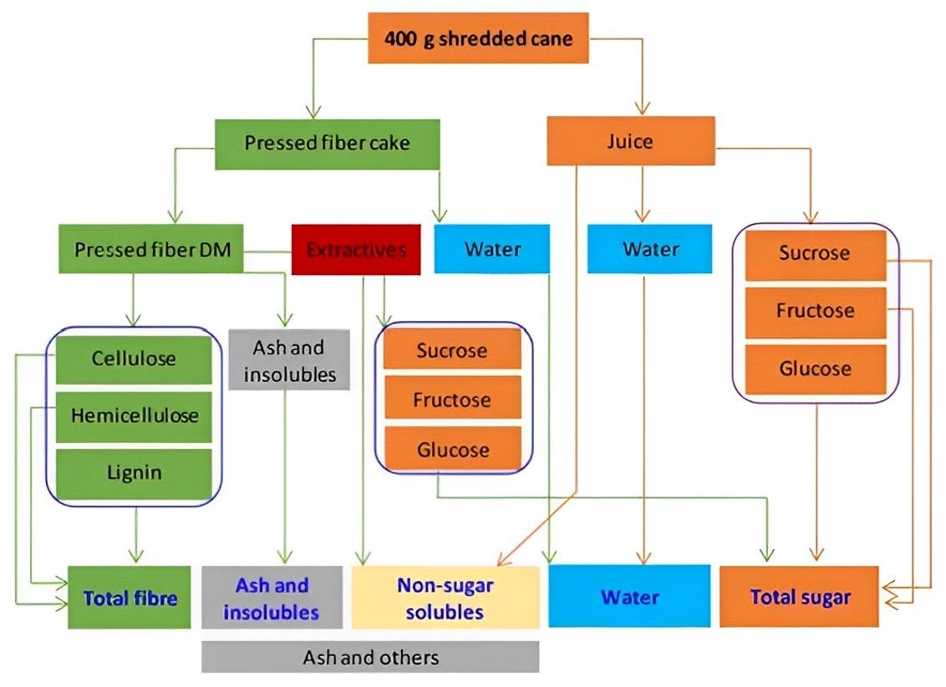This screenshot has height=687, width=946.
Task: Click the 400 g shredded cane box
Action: tap(478, 38)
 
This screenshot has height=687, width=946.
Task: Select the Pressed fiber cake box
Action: tap(327, 143)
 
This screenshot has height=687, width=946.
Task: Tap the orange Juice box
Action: tap(630, 141)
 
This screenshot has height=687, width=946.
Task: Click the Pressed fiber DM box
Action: tap(150, 249)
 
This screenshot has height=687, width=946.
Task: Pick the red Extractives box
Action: tap(356, 249)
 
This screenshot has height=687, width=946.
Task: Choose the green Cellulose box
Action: tap(134, 359)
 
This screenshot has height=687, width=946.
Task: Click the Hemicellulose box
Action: tap(134, 415)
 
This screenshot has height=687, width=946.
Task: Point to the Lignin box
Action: tap(134, 472)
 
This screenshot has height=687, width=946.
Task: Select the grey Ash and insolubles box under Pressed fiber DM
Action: tap(289, 360)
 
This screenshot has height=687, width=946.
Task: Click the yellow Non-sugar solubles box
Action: tap(445, 598)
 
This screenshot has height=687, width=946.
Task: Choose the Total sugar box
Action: tap(799, 597)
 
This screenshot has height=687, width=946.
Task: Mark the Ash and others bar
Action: tap(370, 658)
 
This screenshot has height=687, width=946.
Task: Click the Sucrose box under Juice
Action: tap(815, 253)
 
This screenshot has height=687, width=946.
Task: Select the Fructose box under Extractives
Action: tap(452, 399)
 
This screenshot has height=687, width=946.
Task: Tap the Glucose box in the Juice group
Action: tap(815, 369)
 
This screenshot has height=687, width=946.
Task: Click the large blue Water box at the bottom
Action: tap(628, 597)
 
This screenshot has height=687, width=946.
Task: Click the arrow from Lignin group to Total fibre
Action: tap(135, 535)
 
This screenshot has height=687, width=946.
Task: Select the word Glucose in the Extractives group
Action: tap(452, 450)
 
